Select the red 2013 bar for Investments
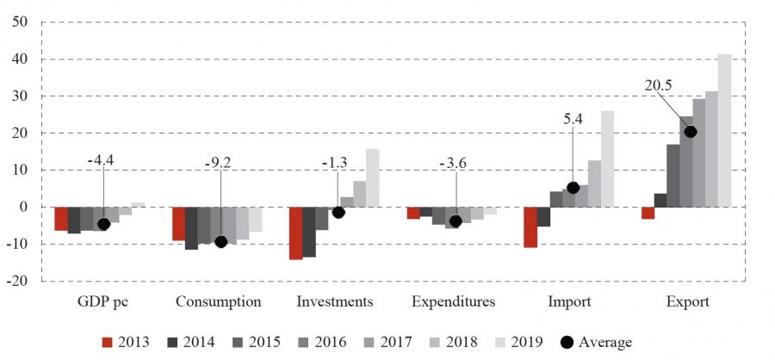[295, 233]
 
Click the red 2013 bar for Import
[530, 227]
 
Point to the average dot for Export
[690, 132]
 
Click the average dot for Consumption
[220, 242]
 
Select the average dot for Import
[573, 188]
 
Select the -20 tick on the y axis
[18, 282]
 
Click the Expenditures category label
[453, 302]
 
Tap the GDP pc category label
[103, 302]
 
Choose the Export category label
[687, 302]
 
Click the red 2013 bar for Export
[648, 214]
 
